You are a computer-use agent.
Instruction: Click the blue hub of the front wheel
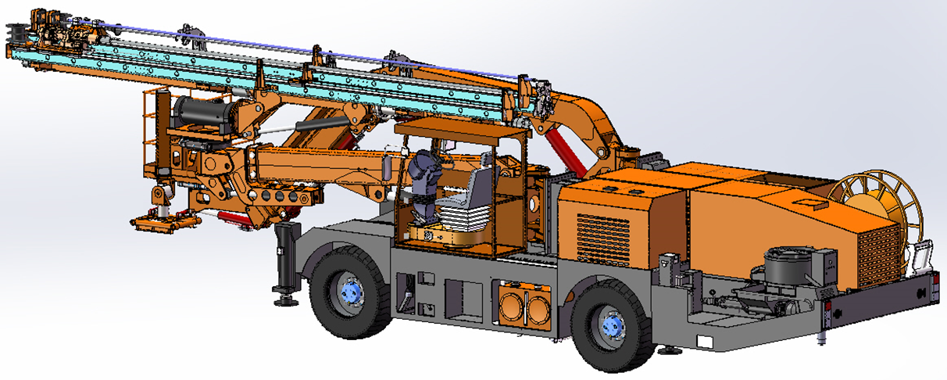coord(352,292)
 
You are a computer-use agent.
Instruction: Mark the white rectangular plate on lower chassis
coord(704,342)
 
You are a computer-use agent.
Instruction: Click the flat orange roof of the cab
coord(461,127)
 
